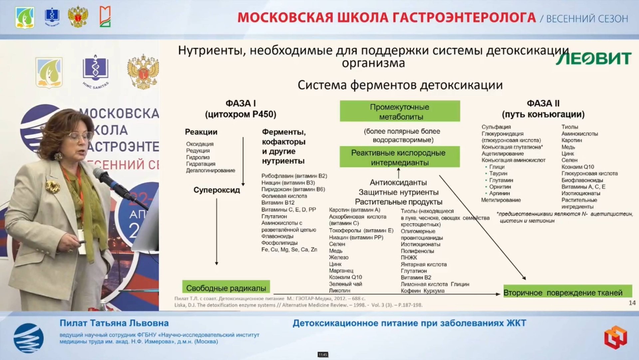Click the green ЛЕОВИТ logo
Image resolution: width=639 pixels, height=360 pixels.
(x=593, y=59)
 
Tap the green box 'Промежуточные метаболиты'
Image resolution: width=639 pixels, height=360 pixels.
(x=400, y=112)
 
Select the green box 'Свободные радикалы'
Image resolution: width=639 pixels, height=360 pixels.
(x=226, y=288)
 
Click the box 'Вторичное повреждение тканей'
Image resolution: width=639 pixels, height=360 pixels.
(x=567, y=292)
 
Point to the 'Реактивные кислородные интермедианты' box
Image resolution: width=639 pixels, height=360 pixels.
(x=399, y=157)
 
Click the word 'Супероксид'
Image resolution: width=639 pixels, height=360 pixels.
(x=217, y=190)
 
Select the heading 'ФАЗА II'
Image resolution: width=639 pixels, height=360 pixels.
(x=543, y=103)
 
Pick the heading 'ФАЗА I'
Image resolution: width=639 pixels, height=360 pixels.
(x=240, y=103)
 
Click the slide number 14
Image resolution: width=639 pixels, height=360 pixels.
(x=632, y=303)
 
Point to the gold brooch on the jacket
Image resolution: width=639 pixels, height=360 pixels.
(x=53, y=186)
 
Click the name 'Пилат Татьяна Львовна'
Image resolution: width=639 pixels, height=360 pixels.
(x=114, y=323)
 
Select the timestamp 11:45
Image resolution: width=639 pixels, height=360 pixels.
(x=322, y=355)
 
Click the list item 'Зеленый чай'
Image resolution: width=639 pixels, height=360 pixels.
(x=345, y=284)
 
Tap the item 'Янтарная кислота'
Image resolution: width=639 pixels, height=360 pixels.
(x=423, y=264)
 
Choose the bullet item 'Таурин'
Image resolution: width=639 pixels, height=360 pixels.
(x=498, y=174)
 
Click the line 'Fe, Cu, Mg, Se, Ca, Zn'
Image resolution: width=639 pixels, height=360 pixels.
(x=289, y=249)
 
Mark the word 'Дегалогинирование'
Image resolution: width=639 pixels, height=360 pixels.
(x=210, y=171)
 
